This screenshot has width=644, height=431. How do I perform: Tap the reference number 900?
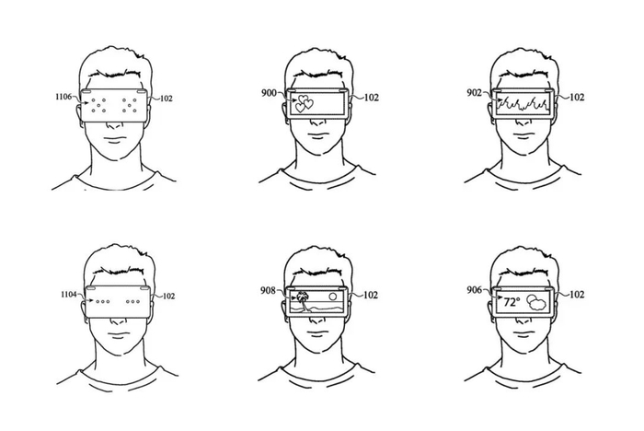coord(270,94)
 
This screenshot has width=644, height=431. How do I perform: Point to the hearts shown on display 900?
coord(303,105)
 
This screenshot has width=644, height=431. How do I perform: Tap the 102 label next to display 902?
coord(578,97)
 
